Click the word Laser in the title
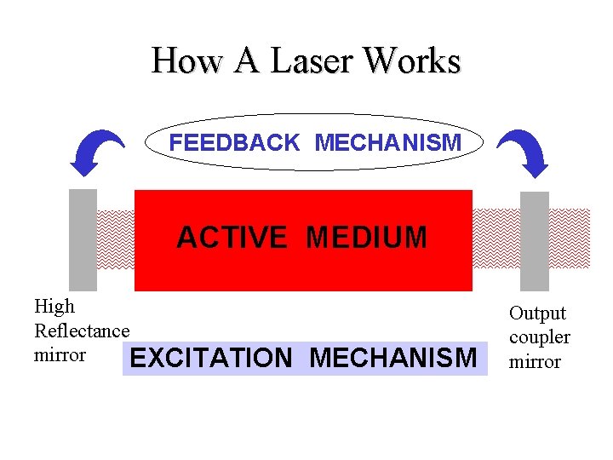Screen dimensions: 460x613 (312, 61)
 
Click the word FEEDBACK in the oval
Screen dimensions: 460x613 (234, 143)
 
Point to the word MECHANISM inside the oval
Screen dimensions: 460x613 (388, 143)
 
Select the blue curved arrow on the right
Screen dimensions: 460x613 (521, 152)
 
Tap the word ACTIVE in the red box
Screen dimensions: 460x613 (232, 238)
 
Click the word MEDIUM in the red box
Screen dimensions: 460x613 (366, 238)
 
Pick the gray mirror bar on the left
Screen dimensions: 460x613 (83, 239)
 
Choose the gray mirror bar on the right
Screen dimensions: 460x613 (534, 241)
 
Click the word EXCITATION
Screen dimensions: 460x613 (211, 359)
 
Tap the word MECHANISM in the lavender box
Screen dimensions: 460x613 (393, 359)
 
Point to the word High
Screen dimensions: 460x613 (54, 307)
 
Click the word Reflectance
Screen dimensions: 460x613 (82, 331)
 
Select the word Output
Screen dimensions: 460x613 (537, 313)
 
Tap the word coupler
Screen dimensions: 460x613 (540, 337)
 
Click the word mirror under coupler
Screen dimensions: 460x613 (535, 362)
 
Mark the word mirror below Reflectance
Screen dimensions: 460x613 (60, 354)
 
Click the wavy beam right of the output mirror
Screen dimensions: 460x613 (569, 239)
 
